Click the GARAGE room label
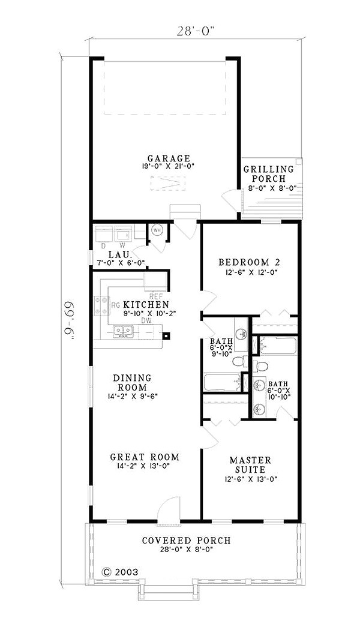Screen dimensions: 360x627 tap(168, 158)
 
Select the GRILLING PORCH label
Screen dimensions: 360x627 tap(268, 174)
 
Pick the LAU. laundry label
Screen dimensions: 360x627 tap(119, 255)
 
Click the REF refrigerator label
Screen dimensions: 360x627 tap(155, 296)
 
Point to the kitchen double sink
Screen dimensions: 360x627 tap(123, 331)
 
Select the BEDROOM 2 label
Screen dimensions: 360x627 tap(249, 262)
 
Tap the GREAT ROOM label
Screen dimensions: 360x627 tap(145, 457)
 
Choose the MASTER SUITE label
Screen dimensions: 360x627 tap(250, 464)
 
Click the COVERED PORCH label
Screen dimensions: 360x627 tap(187, 541)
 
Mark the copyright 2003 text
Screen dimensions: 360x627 tap(121, 572)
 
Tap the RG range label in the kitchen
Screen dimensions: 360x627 tap(116, 305)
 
